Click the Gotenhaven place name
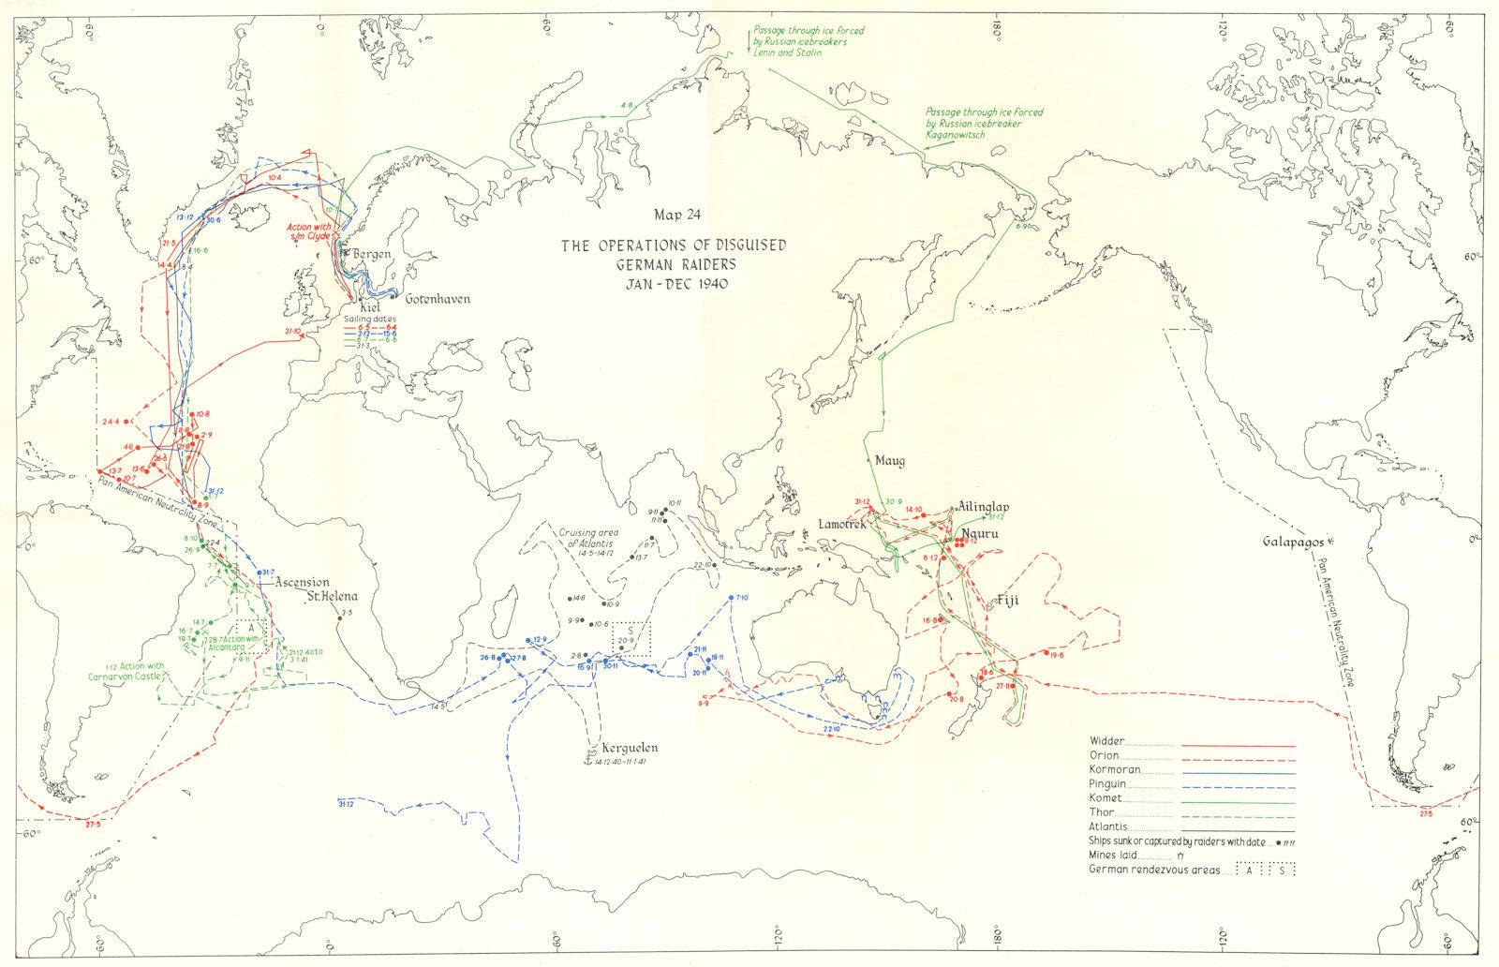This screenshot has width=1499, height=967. [437, 299]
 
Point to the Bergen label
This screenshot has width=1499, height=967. [371, 255]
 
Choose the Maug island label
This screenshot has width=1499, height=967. [889, 461]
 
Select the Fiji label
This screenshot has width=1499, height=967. [1007, 601]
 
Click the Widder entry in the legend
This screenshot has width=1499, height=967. [1107, 740]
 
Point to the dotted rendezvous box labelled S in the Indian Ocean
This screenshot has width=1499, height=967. [631, 637]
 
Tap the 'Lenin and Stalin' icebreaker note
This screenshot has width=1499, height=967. [801, 43]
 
